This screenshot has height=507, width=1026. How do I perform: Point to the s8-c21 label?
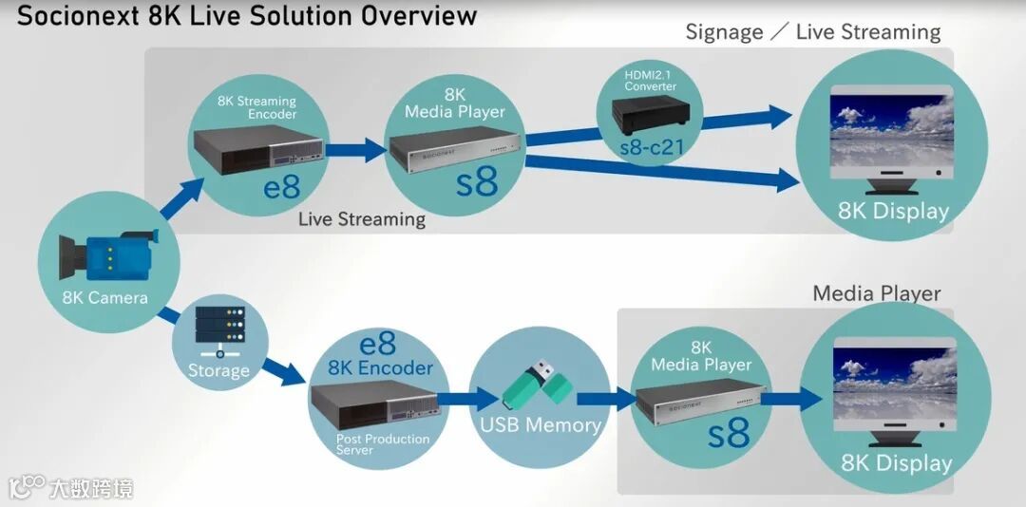click(650, 148)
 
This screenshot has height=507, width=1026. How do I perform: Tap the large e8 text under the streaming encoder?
click(282, 187)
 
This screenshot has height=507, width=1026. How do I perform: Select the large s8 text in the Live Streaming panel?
click(477, 182)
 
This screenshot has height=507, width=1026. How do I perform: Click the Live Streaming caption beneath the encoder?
click(362, 219)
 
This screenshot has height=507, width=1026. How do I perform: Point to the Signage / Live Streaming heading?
click(813, 32)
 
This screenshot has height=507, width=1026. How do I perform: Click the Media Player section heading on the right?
click(876, 293)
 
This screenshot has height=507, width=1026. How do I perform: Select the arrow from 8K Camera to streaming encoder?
click(181, 198)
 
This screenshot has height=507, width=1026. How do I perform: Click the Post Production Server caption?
click(383, 444)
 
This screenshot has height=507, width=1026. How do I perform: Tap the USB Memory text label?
click(541, 424)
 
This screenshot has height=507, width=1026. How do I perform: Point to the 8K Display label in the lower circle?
click(896, 463)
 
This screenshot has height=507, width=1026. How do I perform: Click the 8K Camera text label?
click(105, 298)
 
